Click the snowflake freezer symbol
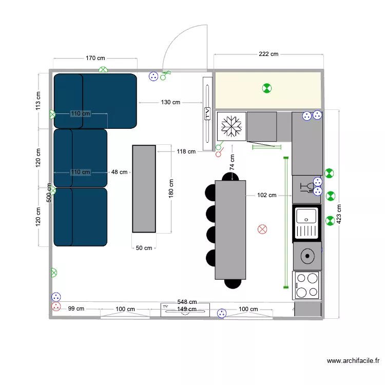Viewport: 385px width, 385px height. [x=232, y=126]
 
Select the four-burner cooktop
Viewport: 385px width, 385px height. [x=307, y=285]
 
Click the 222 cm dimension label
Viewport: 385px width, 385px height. [x=268, y=54]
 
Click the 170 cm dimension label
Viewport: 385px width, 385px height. [x=95, y=58]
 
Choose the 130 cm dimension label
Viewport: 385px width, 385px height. [x=170, y=102]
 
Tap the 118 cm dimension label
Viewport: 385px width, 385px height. [x=186, y=151]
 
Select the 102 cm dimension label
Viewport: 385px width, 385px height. [x=267, y=195]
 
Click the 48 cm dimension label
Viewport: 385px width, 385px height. [x=119, y=172]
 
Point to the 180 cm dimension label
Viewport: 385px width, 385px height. [x=171, y=188]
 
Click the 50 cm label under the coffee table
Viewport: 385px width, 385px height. [x=144, y=248]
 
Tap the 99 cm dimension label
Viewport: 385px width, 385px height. [x=76, y=309]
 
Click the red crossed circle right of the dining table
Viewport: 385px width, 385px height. [x=262, y=229]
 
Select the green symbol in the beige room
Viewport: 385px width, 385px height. [x=266, y=88]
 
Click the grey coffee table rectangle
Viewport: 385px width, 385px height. [x=144, y=188]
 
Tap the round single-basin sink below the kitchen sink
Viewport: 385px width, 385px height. [x=307, y=255]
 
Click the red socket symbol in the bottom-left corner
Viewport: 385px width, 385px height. [x=56, y=307]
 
